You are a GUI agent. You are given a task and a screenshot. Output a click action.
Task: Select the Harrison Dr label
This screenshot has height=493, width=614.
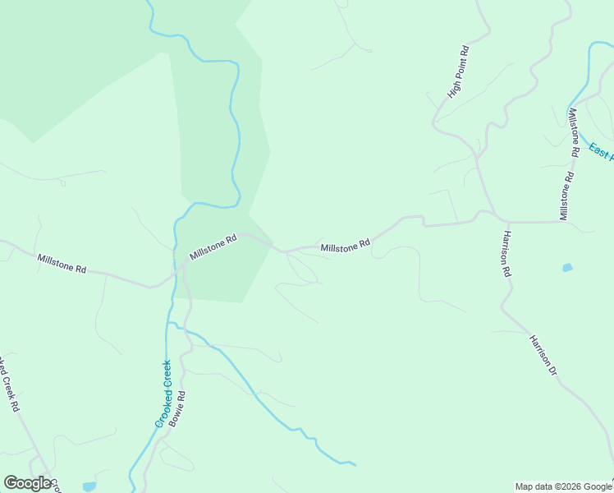pyautogui.click(x=543, y=355)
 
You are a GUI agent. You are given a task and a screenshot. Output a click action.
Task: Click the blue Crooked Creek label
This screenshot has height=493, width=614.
pyautogui.click(x=163, y=394)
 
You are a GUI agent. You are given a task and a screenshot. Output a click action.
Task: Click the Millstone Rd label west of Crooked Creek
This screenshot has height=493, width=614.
pyautogui.click(x=62, y=264)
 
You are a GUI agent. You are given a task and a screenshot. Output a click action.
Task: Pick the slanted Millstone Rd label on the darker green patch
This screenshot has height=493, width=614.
pyautogui.click(x=213, y=246)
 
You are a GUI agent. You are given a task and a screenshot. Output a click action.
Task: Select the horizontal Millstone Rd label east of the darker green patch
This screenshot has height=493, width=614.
pyautogui.click(x=346, y=246)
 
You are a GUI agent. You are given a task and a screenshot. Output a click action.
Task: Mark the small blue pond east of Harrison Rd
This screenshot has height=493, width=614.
pyautogui.click(x=566, y=268)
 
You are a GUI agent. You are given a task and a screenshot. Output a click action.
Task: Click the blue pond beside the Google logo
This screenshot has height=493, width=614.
pyautogui.click(x=89, y=486)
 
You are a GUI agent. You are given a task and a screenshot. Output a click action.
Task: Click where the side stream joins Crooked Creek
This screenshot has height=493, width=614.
pyautogui.click(x=170, y=324)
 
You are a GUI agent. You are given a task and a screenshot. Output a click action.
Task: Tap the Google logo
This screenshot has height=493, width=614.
pyautogui.click(x=30, y=483)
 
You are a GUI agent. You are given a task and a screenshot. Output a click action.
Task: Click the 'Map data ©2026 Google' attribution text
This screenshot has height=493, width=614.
pyautogui.click(x=563, y=486)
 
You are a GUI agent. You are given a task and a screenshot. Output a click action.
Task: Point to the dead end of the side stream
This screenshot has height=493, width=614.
pyautogui.click(x=355, y=465)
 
